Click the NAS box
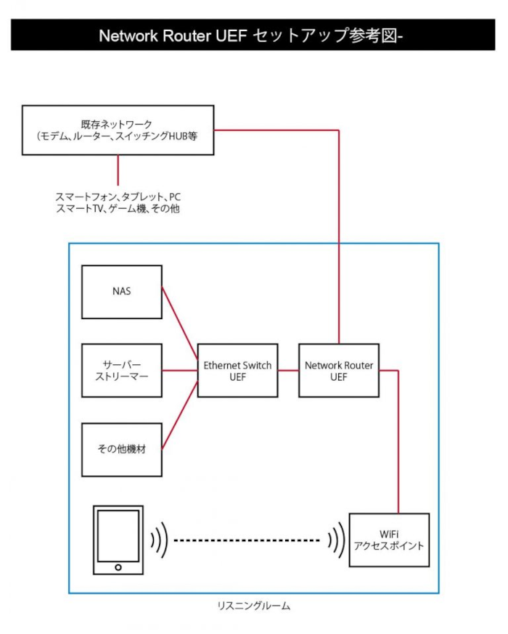pos(122,292)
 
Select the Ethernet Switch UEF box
pos(238,371)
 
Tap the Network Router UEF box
pos(339,371)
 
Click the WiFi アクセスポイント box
pos(389,540)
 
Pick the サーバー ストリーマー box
pos(122,371)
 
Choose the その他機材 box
pos(122,450)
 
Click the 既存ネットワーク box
pos(118,130)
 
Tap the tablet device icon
pos(118,540)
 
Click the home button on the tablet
pos(118,567)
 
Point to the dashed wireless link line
pos(247,540)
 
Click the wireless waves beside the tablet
pos(159,540)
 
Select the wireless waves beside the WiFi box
pos(337,540)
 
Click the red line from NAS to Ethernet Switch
pos(179,324)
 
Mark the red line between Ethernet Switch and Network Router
pos(288,371)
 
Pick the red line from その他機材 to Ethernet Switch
pos(179,415)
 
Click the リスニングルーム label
pos(253,606)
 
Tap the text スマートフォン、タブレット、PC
pos(118,197)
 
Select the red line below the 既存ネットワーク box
pos(118,170)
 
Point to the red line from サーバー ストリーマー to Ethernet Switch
pos(179,371)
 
